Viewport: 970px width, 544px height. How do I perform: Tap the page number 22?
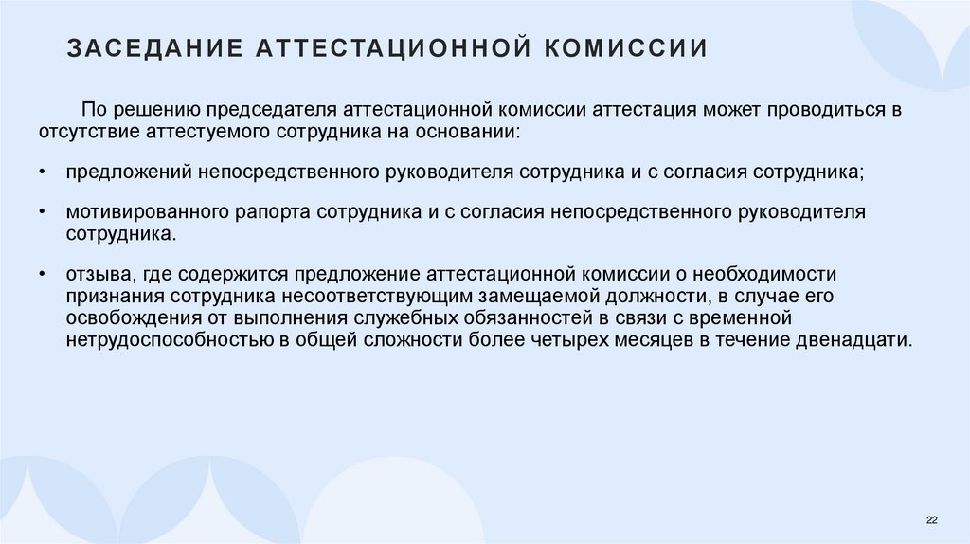[x=931, y=520]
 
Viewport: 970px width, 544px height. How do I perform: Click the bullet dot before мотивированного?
[x=45, y=213]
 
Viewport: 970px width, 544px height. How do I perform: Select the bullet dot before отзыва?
[x=45, y=275]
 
